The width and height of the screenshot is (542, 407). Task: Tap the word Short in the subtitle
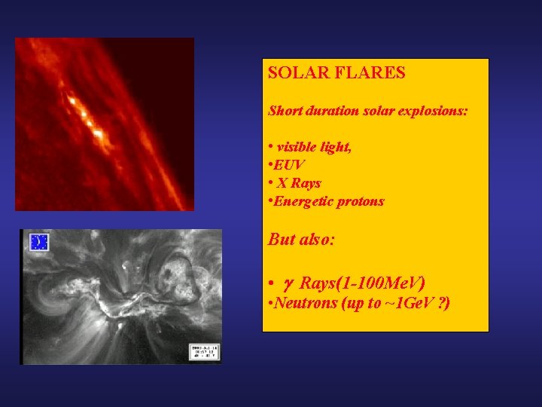tap(285, 111)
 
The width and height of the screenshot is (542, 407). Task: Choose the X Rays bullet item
tap(298, 183)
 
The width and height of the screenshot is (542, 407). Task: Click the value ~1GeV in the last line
tap(406, 304)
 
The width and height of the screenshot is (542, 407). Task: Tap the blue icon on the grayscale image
tap(38, 243)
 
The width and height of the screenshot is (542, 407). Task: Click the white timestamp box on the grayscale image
tap(204, 352)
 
